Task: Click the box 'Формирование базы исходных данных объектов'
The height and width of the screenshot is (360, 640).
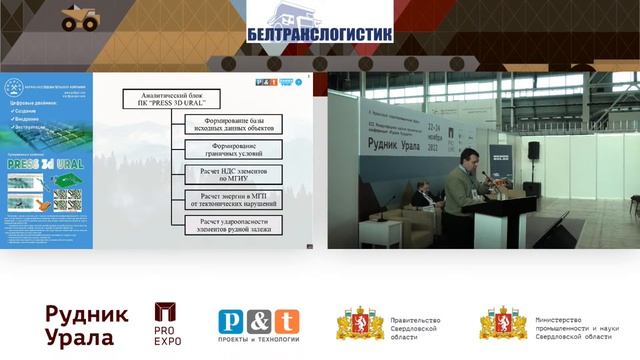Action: point(233,124)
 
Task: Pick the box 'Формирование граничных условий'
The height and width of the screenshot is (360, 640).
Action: point(233,149)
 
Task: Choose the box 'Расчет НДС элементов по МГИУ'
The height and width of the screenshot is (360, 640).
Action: point(233,174)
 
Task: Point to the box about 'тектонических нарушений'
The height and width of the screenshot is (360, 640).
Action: point(233,199)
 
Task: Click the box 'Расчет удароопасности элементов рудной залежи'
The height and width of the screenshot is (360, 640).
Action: point(233,225)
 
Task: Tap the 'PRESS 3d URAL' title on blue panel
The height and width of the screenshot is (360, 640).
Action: point(50,164)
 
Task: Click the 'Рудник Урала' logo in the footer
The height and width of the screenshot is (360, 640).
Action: point(87,326)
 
